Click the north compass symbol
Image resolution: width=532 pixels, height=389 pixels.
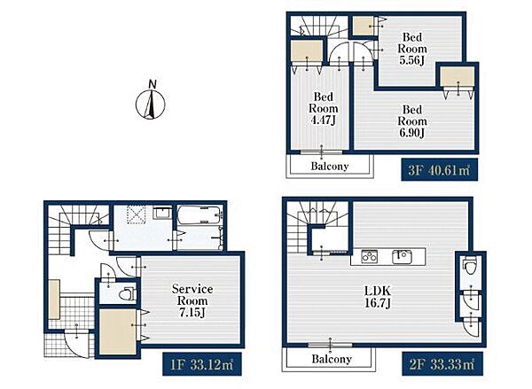(151, 101)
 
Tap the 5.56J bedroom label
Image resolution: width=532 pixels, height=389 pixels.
(412, 49)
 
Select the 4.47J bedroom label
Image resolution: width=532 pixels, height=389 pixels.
(324, 108)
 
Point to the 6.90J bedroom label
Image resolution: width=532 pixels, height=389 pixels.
(412, 121)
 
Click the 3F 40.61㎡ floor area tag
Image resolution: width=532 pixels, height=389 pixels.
(440, 169)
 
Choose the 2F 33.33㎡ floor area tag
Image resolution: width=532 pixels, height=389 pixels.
(442, 364)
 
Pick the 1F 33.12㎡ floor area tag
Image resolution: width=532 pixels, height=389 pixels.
(202, 364)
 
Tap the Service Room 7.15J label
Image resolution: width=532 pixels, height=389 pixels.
(192, 300)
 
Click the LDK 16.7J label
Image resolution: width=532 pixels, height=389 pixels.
(378, 297)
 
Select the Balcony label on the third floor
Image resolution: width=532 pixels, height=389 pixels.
(330, 167)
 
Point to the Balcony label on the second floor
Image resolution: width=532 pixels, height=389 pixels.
(332, 359)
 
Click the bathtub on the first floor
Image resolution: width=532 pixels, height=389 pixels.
(199, 215)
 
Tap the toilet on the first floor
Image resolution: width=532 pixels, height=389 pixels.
(128, 293)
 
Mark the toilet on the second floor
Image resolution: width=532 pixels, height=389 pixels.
(470, 265)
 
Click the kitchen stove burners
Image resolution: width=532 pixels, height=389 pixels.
(370, 257)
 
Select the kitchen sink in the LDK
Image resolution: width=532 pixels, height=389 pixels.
(403, 257)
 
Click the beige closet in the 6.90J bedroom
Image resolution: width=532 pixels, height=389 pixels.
(458, 76)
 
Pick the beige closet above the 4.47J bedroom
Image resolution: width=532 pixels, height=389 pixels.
(308, 51)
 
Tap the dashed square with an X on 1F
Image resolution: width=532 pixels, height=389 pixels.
(137, 215)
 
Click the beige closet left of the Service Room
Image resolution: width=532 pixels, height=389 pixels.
(118, 332)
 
